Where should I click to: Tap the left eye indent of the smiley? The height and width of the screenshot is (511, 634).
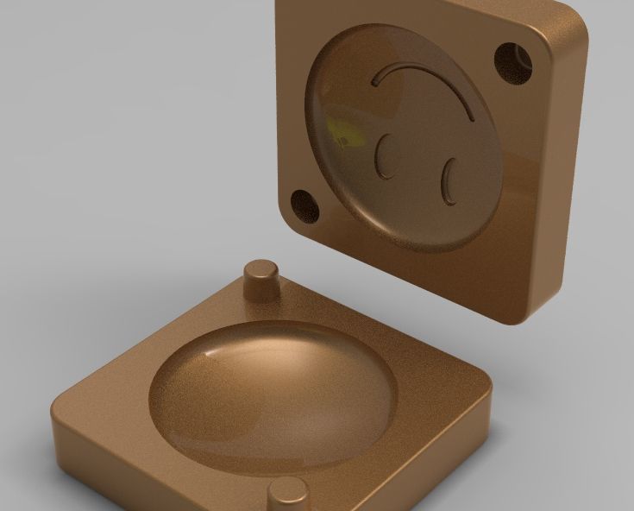[386, 156]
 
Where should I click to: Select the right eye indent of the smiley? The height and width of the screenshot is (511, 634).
[449, 184]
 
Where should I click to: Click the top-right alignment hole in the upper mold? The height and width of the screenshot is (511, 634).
[513, 62]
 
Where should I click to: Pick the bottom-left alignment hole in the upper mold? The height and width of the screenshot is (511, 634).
[304, 206]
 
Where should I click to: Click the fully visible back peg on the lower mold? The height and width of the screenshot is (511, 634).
[261, 281]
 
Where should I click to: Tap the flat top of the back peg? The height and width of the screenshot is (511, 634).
[261, 267]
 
